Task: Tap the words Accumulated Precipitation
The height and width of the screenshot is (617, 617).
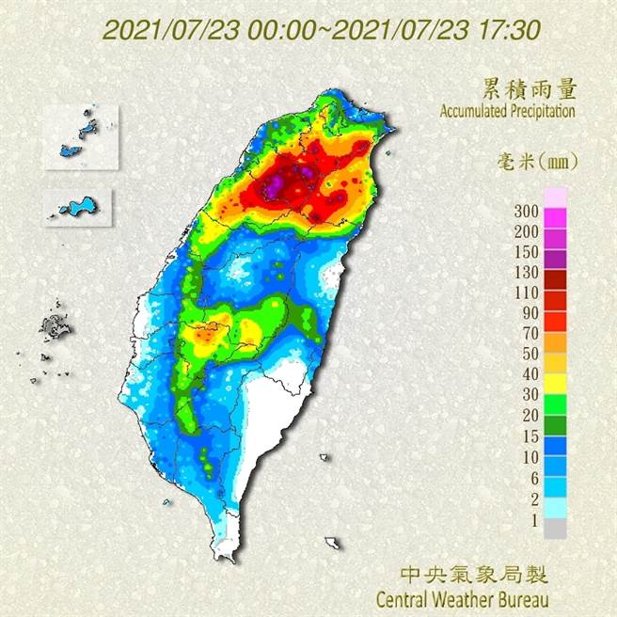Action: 507,111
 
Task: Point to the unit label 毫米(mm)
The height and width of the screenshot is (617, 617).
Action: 537,161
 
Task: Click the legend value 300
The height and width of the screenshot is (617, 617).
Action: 528,210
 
